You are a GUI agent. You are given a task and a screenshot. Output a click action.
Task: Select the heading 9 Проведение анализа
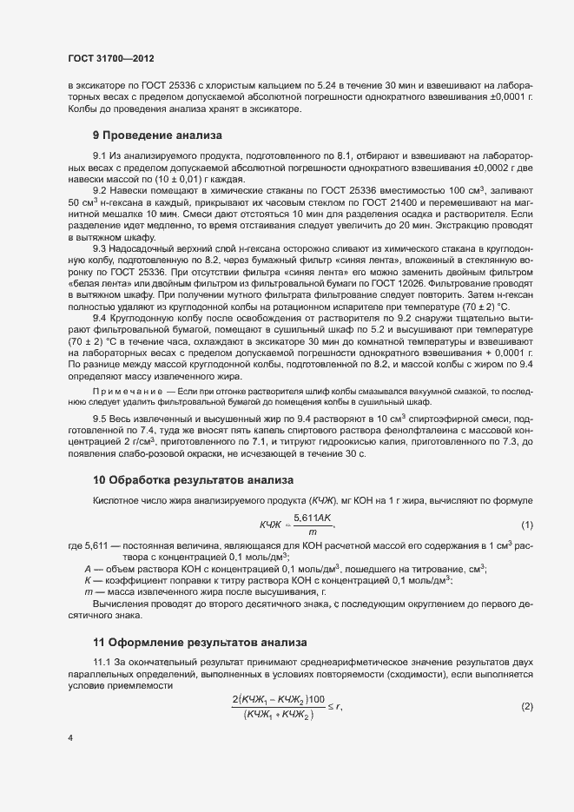pos(157,135)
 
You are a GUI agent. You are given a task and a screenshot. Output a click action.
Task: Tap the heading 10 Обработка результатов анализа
pos(194,480)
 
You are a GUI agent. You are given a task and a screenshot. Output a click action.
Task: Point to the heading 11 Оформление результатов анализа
pos(200,644)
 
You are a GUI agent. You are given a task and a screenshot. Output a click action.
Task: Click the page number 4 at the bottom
pos(70,738)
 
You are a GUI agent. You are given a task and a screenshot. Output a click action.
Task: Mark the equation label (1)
pos(526,525)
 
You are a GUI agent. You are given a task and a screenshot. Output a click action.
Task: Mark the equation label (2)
pos(526,708)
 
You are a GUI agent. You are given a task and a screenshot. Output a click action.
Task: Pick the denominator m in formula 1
pos(313,531)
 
